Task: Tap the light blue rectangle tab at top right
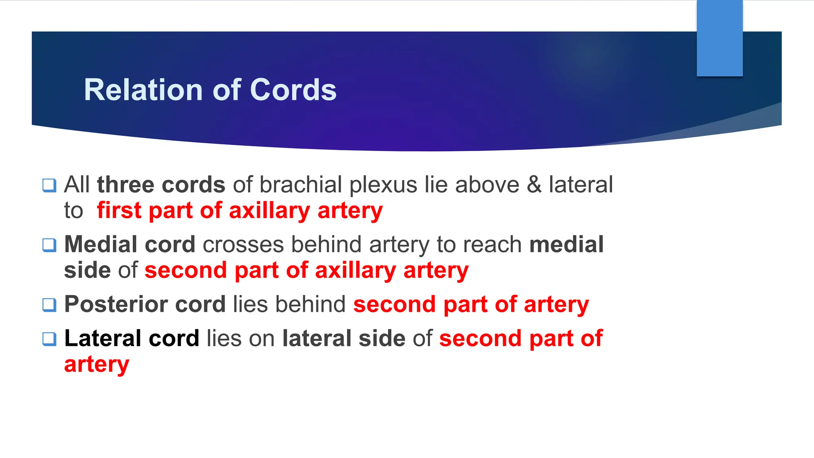click(x=719, y=38)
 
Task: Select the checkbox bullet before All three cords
click(x=49, y=185)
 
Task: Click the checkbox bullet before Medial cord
click(x=49, y=245)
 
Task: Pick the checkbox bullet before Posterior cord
click(x=49, y=305)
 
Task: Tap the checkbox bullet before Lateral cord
click(x=49, y=339)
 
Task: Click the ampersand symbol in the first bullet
click(x=534, y=185)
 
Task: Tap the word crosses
click(x=243, y=245)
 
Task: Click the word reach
click(x=499, y=244)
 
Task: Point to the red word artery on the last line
click(x=97, y=364)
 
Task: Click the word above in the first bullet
click(x=487, y=185)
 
